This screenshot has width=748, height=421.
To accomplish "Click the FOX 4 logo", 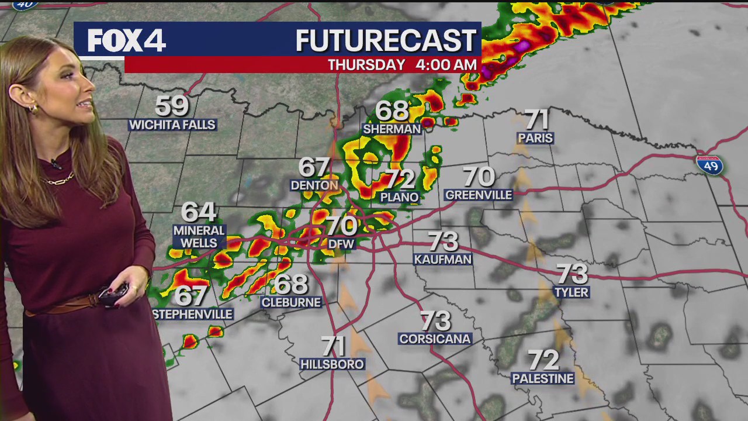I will pos(126,41).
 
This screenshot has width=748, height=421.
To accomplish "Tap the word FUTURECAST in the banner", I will pos(386,41).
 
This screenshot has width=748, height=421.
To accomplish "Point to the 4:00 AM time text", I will pos(446,65).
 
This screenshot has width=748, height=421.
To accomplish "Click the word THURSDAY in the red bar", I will pos(366,65).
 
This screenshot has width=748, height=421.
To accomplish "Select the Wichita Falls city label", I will pos(172,125).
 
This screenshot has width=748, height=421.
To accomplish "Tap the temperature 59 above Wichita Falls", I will pos(172,106).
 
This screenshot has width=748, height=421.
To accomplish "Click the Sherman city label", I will pos(392,129).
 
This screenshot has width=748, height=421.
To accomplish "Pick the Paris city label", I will pos(535,138).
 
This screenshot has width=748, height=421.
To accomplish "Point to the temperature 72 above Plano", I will pos(400,179).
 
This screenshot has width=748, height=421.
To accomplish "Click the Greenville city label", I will pos(479,195).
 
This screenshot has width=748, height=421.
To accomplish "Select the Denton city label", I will pos(314,185).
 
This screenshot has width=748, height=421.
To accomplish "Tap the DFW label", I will pos(341,243).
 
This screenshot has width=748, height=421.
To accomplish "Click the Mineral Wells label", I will pos(199,237).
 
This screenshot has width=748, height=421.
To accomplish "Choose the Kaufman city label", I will pos(443,259).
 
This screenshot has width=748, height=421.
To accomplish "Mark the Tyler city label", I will pos(572,292).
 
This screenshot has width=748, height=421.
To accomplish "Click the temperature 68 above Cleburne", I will pos(290,284).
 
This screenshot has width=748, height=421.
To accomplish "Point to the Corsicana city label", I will pos(435,339).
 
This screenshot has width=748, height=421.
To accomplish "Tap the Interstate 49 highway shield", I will pos(709,165).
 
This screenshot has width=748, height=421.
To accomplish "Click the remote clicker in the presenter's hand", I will pos(113,294).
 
